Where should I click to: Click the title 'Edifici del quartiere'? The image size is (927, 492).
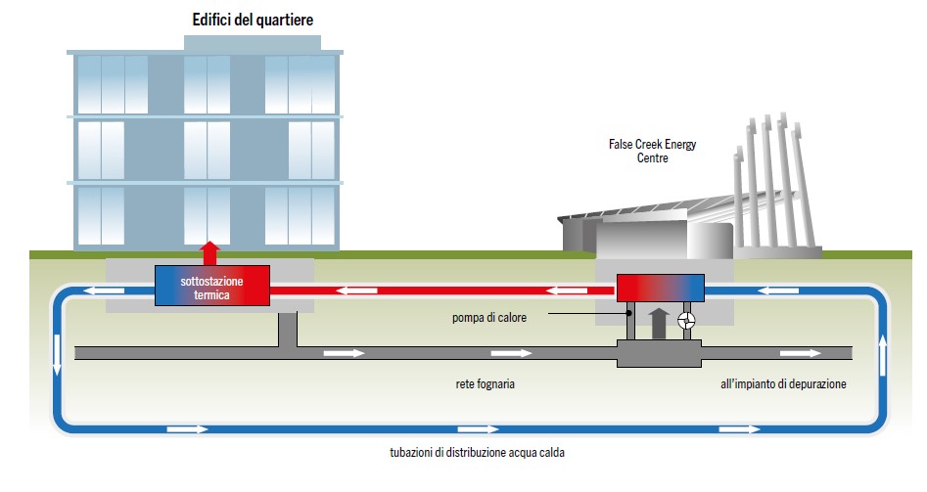click(253, 20)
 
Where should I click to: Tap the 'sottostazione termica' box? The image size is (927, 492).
click(211, 285)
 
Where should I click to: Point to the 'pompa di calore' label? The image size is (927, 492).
click(487, 315)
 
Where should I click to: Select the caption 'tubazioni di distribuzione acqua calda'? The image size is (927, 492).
click(478, 453)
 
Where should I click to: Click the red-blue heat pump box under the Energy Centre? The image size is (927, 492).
click(660, 287)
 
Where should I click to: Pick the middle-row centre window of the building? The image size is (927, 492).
click(209, 150)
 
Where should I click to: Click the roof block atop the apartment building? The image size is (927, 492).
click(253, 43)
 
